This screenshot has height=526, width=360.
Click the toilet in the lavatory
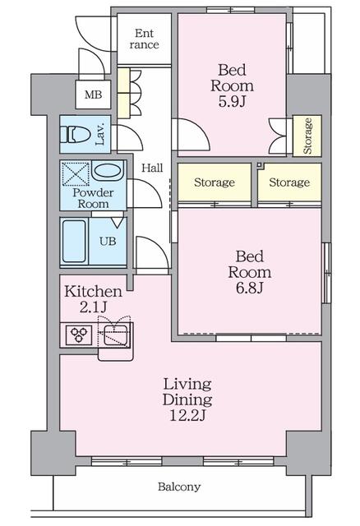tap(75, 135)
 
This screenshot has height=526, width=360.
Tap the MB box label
tap(93, 95)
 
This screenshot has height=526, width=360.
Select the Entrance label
tap(145, 39)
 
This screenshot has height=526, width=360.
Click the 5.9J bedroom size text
tap(232, 101)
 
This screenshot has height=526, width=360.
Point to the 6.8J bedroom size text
tap(249, 288)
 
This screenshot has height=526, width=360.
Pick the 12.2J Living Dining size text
tap(187, 415)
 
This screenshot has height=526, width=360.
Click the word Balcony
tap(179, 487)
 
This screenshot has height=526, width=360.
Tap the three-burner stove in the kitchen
tap(79, 335)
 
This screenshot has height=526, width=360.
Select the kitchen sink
tap(115, 335)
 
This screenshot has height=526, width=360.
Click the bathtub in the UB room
tap(74, 241)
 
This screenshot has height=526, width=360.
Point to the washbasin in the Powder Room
tap(107, 170)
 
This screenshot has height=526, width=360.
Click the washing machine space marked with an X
tap(76, 174)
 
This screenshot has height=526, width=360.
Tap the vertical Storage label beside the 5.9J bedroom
tap(307, 136)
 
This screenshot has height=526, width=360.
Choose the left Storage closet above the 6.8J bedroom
tap(215, 182)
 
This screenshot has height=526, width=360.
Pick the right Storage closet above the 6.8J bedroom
tap(289, 182)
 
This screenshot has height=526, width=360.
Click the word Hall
tap(152, 168)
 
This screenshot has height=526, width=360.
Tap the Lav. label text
tap(100, 135)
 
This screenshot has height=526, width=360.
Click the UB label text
tap(108, 241)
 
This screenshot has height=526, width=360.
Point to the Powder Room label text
tap(93, 198)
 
